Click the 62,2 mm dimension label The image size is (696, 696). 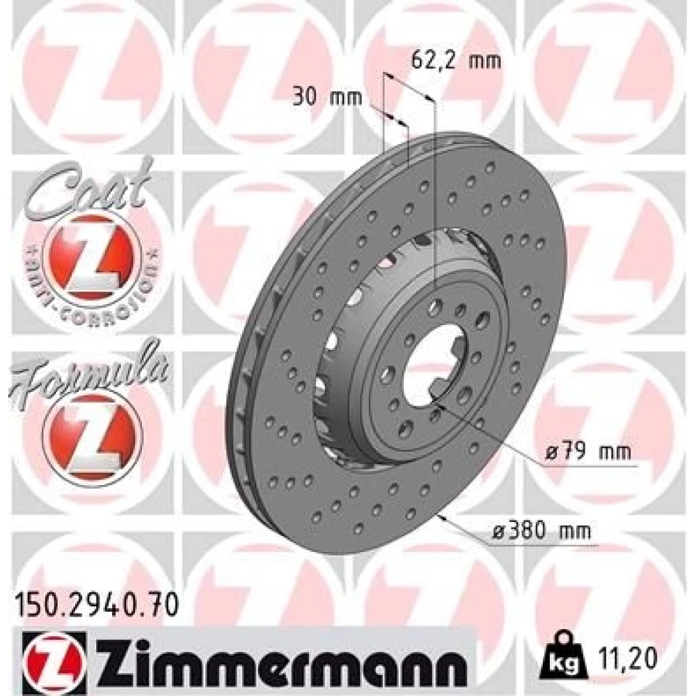coord(456,61)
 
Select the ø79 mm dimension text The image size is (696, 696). coord(587,452)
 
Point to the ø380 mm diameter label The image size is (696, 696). coord(542,531)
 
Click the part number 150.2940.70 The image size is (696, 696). coord(97,605)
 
